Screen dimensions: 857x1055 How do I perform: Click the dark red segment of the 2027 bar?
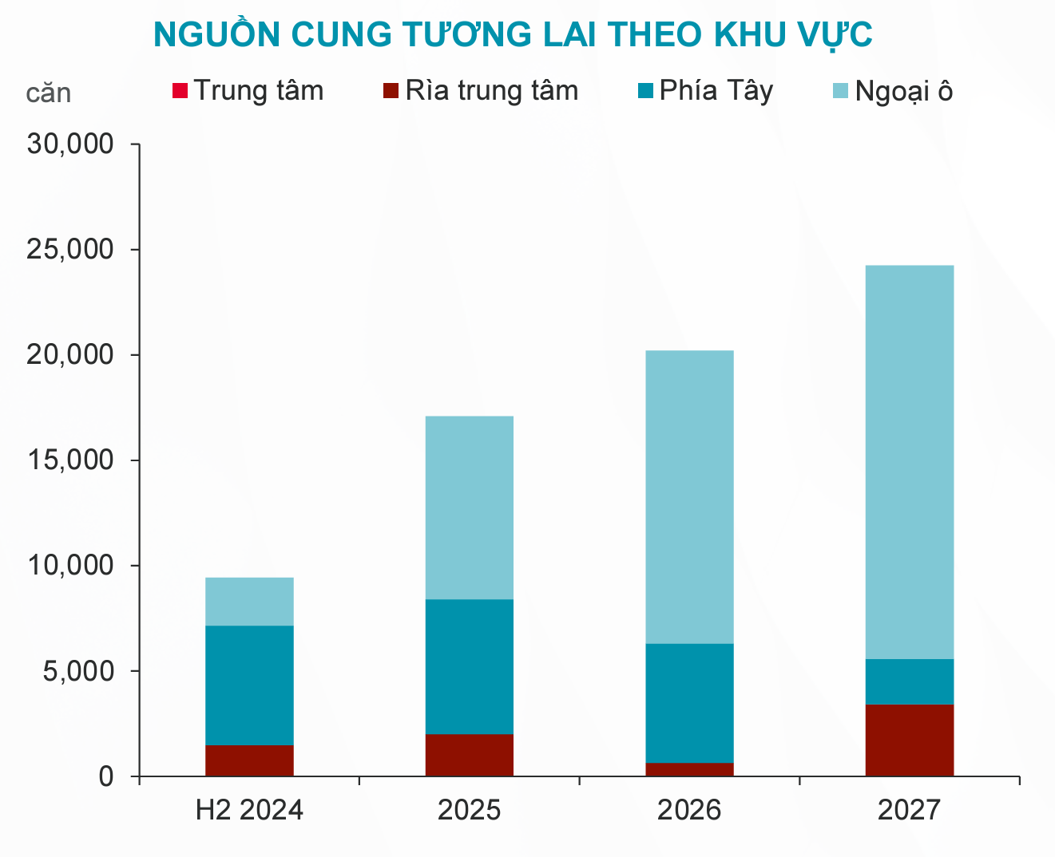point(909,740)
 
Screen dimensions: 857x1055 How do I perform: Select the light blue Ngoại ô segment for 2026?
point(689,496)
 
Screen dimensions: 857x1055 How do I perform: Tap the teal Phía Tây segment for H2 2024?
point(249,685)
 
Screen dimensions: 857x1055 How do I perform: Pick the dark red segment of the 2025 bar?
point(469,755)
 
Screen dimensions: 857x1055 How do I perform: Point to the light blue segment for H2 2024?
point(249,601)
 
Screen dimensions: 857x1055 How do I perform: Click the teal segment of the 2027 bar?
point(909,681)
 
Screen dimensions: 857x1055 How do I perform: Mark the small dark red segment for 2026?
point(689,769)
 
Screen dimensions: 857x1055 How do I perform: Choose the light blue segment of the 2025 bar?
point(469,507)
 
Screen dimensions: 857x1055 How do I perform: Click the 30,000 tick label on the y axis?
point(70,144)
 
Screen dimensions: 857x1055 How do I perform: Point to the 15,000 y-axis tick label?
point(70,460)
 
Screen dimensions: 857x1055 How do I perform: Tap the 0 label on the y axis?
point(105,776)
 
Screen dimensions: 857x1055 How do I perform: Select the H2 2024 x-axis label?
point(249,811)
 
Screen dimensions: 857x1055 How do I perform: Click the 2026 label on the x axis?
point(689,811)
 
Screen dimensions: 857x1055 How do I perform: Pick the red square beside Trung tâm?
point(180,90)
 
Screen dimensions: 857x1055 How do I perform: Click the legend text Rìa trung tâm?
point(491,90)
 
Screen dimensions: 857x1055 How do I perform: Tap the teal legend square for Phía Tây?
point(645,90)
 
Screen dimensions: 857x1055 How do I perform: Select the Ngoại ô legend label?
point(903,92)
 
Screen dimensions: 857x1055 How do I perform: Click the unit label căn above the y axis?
point(48,93)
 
